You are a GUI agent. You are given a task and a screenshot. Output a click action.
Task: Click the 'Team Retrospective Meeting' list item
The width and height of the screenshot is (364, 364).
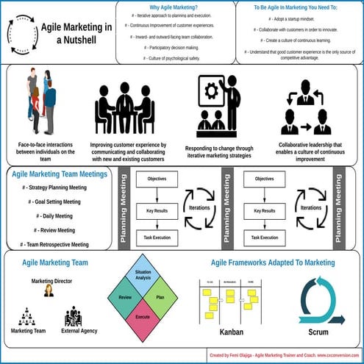tap(54, 244)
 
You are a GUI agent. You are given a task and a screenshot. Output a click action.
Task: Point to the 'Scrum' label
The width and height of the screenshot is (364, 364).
tap(318, 332)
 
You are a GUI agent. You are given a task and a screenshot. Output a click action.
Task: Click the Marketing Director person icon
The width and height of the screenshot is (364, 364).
tap(49, 290)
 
